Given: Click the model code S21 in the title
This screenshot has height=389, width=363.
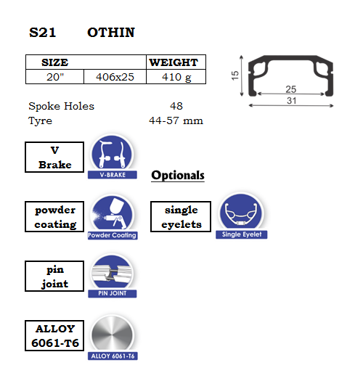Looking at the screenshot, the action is click(42, 33).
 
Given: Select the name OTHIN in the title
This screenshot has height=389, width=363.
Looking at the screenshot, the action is click(111, 33).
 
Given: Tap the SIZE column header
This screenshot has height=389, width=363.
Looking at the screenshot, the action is click(55, 62).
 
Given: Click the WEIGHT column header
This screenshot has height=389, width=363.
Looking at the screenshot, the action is click(174, 62).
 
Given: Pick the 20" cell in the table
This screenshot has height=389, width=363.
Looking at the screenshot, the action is click(55, 77).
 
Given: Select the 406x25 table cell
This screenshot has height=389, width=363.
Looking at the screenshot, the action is click(115, 77).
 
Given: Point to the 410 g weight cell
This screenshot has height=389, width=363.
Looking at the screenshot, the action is click(176, 77).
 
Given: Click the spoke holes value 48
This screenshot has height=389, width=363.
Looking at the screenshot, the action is click(176, 106).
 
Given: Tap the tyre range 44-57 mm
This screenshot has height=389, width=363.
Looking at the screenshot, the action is click(176, 120).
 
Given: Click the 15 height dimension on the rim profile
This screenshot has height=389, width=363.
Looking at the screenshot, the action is click(234, 75).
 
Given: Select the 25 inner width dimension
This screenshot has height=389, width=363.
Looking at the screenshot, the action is click(291, 89).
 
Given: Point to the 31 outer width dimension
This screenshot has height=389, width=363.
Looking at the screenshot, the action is click(292, 101).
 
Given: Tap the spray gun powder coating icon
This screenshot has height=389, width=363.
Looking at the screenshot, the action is click(112, 213).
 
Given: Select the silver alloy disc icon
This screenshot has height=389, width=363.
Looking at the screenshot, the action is click(112, 334).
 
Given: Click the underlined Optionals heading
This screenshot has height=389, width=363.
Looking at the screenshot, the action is click(178, 176).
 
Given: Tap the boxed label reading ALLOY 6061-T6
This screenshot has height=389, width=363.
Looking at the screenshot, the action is click(54, 336).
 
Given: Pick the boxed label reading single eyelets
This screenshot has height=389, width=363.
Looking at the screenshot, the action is click(181, 217).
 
